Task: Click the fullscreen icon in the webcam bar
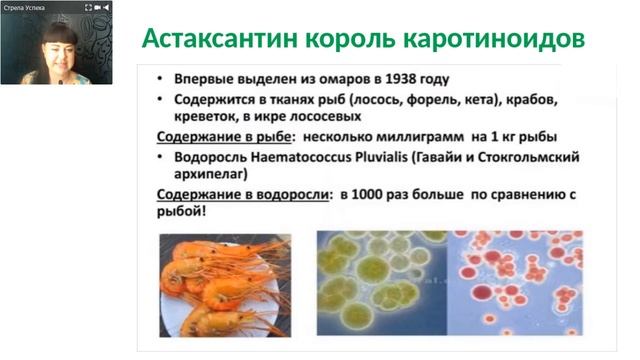[87, 7]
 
